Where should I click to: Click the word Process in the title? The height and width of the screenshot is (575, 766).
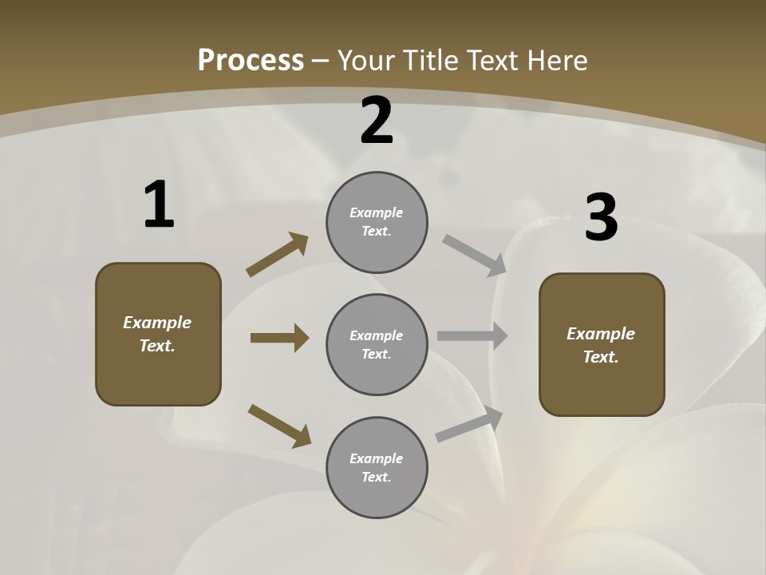point(251,61)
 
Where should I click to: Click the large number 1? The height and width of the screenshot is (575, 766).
point(159,205)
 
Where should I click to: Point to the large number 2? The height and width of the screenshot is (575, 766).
point(377,121)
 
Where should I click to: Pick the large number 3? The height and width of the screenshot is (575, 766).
point(601,218)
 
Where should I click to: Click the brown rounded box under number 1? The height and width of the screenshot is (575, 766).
point(158,334)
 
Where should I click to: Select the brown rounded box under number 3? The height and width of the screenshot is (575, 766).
point(602,345)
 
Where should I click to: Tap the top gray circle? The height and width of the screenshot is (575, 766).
point(377,222)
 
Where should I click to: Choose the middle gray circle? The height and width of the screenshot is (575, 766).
point(377,345)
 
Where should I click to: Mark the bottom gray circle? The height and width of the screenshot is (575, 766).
point(377,468)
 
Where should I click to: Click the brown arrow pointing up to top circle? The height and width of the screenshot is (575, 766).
point(278,255)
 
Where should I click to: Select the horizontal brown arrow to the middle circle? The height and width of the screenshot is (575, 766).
point(279,338)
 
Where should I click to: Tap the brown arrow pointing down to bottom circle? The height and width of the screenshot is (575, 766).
point(279,425)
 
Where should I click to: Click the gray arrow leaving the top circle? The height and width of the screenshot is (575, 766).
point(474,256)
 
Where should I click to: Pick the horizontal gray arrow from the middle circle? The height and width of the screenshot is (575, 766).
point(472,336)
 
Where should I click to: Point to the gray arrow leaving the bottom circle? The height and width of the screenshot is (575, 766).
point(469,425)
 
